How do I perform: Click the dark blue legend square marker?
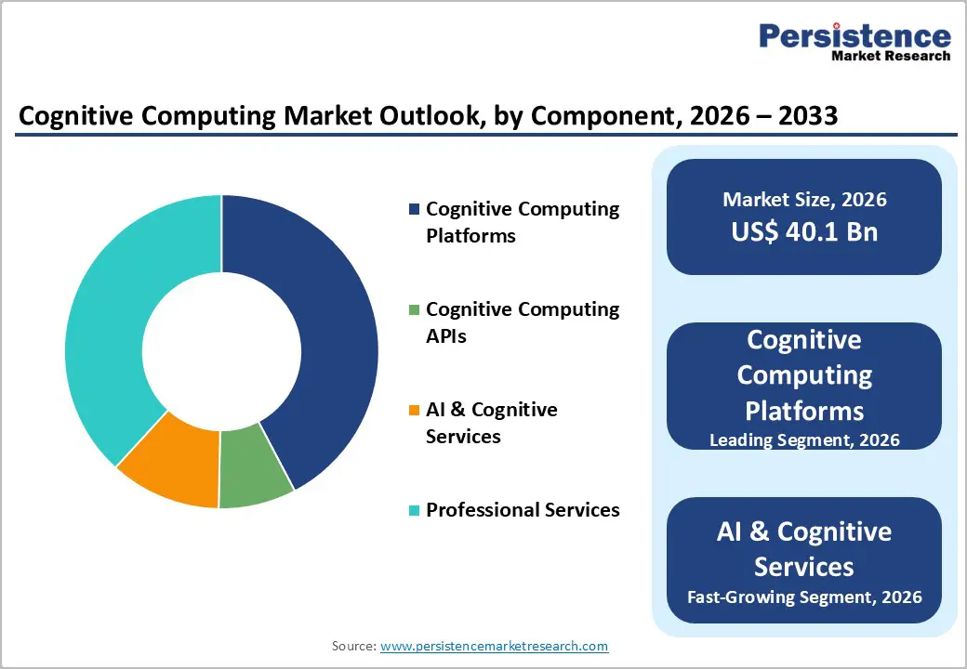[x=414, y=209]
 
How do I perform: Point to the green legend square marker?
[x=414, y=309]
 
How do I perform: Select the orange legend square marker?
[x=414, y=410]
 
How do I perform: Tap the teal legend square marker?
[x=414, y=510]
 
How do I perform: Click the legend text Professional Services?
[x=523, y=510]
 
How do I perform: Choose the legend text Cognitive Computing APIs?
[x=523, y=322]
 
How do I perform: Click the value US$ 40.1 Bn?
[x=804, y=231]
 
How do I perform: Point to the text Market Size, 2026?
[x=804, y=200]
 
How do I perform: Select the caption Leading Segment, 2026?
[x=804, y=439]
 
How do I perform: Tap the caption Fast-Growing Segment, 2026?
[x=804, y=596]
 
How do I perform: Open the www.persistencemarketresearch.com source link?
[x=494, y=646]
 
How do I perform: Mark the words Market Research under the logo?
[x=890, y=56]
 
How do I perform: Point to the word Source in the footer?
[x=352, y=646]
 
